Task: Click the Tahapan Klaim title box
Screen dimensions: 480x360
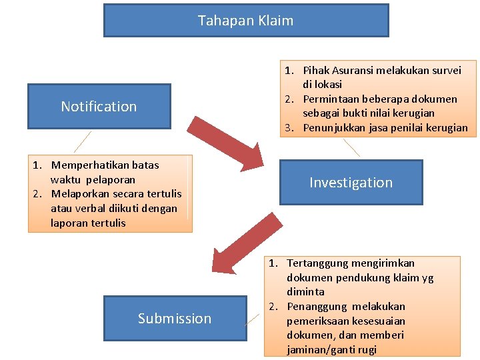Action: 245,20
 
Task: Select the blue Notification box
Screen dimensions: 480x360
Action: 99,106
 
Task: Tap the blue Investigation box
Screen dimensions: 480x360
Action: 351,182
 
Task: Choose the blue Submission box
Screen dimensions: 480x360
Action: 174,318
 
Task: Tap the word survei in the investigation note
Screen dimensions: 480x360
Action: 445,70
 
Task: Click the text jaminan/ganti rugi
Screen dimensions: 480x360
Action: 331,349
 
